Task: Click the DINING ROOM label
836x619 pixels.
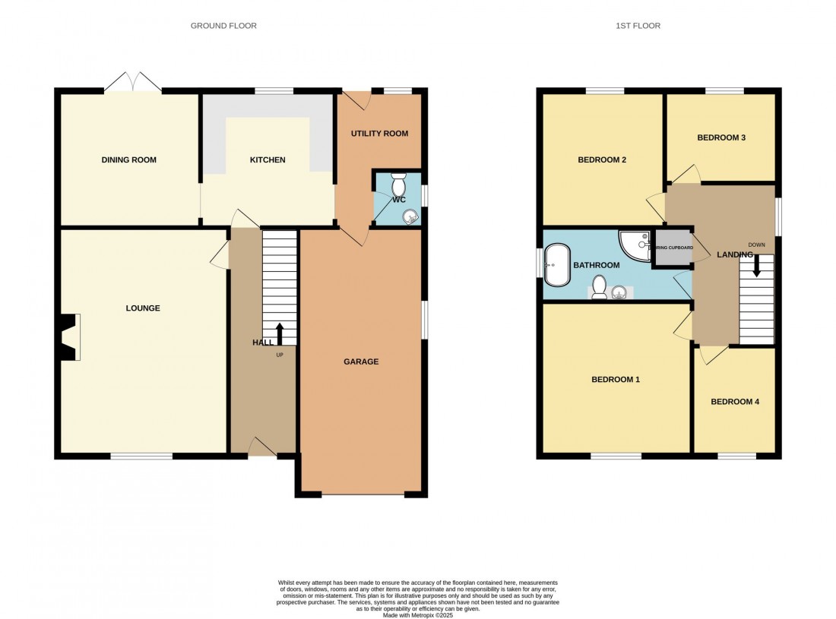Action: pyautogui.click(x=129, y=159)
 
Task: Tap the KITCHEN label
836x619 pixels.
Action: pyautogui.click(x=268, y=159)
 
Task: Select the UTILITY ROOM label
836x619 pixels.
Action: pyautogui.click(x=379, y=134)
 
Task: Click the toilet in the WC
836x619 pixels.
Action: pyautogui.click(x=398, y=185)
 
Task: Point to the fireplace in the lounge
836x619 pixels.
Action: pyautogui.click(x=68, y=336)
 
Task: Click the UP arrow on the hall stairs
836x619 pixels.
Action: pyautogui.click(x=279, y=333)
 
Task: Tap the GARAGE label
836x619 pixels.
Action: pyautogui.click(x=361, y=362)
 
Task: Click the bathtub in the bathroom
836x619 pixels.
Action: pyautogui.click(x=559, y=265)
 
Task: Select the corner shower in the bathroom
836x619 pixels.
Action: pyautogui.click(x=635, y=244)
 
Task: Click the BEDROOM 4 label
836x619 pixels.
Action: pyautogui.click(x=735, y=402)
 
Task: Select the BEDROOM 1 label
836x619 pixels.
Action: pyautogui.click(x=616, y=379)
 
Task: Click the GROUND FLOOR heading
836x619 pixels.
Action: pyautogui.click(x=223, y=26)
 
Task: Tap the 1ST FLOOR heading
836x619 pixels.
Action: pyautogui.click(x=637, y=26)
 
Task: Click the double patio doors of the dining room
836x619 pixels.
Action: pyautogui.click(x=134, y=83)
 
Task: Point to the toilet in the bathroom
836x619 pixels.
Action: pyautogui.click(x=599, y=287)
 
